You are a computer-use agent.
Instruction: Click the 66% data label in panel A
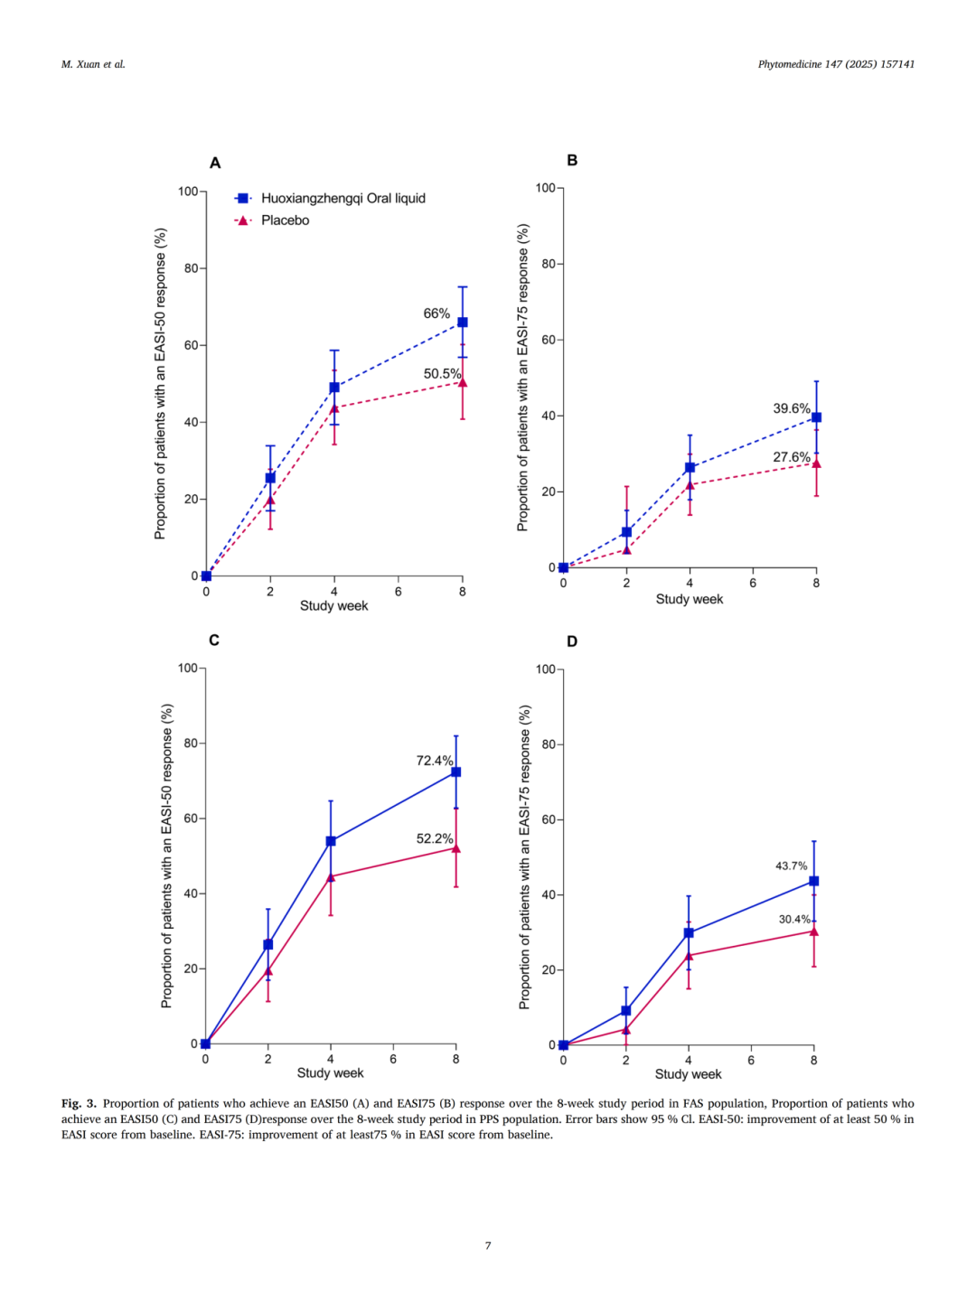436,314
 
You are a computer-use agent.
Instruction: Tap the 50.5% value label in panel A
442,374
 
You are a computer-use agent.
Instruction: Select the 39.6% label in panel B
791,408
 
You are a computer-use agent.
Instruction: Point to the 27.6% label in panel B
791,457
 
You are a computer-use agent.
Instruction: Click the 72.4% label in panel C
434,761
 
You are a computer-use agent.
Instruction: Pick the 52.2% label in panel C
434,838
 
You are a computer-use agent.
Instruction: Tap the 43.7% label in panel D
791,866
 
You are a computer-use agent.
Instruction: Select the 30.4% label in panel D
794,920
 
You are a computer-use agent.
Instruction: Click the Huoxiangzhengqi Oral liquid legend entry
343,199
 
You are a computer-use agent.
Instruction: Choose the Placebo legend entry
285,220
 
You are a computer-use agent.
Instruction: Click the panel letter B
572,160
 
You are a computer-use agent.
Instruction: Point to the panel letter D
572,641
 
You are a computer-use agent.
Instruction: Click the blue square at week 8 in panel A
463,323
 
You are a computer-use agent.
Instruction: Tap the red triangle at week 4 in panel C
331,876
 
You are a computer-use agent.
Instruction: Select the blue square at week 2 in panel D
626,1011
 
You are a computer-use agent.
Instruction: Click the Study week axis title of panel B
689,599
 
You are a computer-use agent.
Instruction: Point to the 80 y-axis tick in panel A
191,268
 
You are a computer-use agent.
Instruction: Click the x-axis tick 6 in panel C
393,1059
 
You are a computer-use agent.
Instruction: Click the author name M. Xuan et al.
93,64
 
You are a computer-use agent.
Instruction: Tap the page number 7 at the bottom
488,1246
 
